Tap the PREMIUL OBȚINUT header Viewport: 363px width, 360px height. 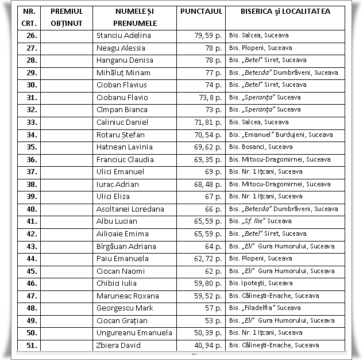tap(67, 17)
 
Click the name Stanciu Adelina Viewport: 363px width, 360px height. tap(123, 36)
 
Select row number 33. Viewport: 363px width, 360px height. tap(31, 122)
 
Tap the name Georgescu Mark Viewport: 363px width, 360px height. tap(125, 308)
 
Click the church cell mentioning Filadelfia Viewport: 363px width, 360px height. tap(264, 308)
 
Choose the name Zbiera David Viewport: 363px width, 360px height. tap(118, 346)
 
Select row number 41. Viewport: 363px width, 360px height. tap(31, 221)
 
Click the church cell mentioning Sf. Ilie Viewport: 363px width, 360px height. tap(260, 221)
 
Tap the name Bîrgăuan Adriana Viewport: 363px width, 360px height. tap(126, 246)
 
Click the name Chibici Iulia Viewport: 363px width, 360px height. tap(117, 284)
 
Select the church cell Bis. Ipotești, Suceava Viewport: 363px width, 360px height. tap(260, 284)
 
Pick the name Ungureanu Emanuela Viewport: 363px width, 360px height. tap(134, 333)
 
